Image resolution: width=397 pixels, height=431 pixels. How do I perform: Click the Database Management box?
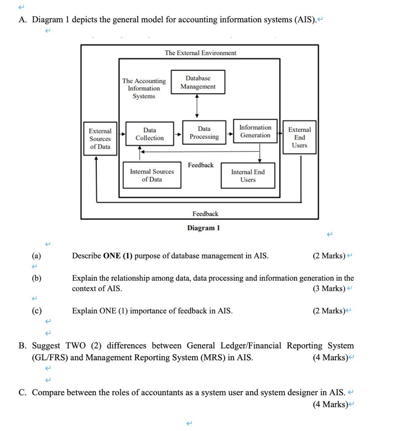click(x=198, y=82)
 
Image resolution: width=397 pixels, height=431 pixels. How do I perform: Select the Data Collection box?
click(x=150, y=134)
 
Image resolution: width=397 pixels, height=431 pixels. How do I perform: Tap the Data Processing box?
click(x=204, y=133)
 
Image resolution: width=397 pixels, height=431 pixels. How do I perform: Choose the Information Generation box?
click(x=255, y=131)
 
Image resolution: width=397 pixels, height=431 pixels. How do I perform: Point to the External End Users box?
click(x=300, y=138)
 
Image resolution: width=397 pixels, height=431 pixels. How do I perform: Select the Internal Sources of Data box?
click(x=152, y=176)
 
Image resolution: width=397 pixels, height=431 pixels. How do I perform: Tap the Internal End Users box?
click(x=248, y=176)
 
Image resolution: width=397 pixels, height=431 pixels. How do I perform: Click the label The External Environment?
click(x=201, y=53)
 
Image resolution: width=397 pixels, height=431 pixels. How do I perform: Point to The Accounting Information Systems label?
click(x=144, y=88)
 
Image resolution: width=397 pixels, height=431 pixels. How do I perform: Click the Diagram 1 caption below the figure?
click(x=204, y=228)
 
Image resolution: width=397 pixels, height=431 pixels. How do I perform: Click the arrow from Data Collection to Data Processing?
click(x=178, y=134)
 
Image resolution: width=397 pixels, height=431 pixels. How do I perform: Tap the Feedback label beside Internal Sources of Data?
click(x=201, y=165)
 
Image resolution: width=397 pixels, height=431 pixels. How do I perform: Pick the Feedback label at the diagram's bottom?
click(x=205, y=214)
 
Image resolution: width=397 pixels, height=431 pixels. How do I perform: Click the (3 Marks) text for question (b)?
click(x=328, y=289)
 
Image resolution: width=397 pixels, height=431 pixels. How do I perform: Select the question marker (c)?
click(x=37, y=311)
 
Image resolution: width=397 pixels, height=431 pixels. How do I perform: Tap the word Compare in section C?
click(x=48, y=393)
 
